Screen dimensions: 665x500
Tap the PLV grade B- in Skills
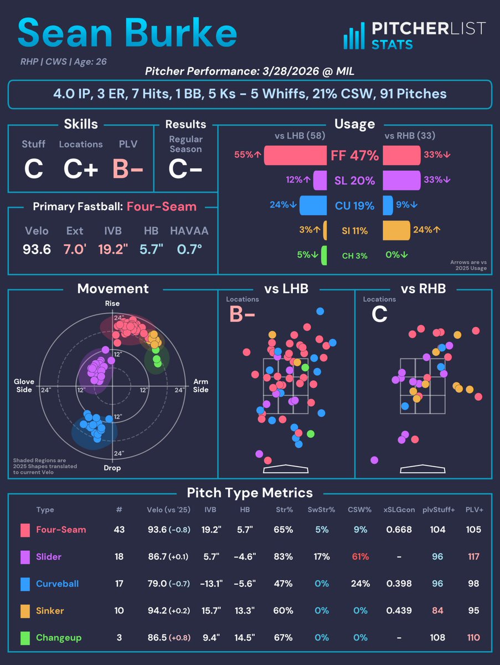pos(128,170)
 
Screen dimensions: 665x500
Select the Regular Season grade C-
pos(185,170)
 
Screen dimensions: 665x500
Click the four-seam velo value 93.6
pos(37,249)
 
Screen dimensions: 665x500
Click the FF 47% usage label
pos(354,156)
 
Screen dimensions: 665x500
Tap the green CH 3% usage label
pos(354,255)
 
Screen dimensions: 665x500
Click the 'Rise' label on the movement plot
pos(112,304)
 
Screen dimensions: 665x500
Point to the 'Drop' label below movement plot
pos(112,468)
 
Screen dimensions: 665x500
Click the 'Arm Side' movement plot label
pos(200,386)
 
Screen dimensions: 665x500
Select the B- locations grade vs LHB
pos(244,315)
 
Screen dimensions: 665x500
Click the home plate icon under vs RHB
pos(422,469)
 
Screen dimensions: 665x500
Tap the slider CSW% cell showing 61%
pos(358,556)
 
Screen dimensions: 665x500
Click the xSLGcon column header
pos(399,509)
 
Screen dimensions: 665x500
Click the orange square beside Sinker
pos(25,610)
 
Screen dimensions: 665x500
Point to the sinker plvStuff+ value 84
pos(437,610)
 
